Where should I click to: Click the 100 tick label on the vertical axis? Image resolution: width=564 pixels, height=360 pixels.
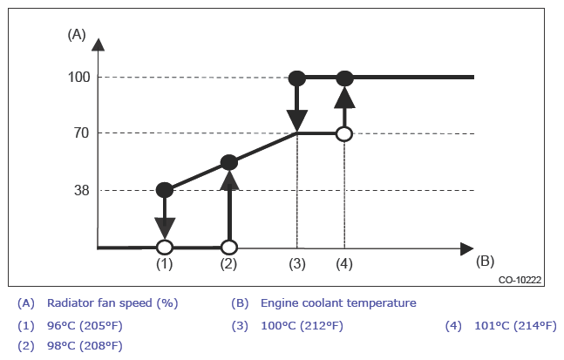79,77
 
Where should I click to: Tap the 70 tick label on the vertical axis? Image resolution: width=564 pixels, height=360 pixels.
79,133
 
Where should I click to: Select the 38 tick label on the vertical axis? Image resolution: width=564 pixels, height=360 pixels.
79,190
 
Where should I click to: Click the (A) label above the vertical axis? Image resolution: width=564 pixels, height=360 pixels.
77,35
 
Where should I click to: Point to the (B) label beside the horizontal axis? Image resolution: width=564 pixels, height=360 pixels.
486,260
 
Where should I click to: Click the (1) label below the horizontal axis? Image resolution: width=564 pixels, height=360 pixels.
164,262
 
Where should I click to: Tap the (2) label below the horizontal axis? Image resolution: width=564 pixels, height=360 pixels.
228,262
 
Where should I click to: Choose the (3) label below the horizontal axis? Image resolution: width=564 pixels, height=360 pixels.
298,262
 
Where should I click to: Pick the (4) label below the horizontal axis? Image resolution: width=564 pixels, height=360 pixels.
344,262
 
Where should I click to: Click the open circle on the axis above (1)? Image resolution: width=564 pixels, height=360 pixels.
164,247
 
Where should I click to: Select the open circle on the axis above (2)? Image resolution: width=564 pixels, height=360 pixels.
228,247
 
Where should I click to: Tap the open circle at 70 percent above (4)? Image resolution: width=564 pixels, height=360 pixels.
344,133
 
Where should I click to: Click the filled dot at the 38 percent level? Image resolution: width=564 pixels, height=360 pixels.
164,190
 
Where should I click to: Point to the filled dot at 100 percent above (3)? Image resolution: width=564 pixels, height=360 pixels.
297,78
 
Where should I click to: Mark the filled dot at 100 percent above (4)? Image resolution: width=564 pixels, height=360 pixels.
344,78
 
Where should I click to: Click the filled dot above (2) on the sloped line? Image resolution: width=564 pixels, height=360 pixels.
228,162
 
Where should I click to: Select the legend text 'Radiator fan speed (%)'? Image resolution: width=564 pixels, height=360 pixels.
112,303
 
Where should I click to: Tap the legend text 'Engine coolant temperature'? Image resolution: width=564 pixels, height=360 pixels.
338,303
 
